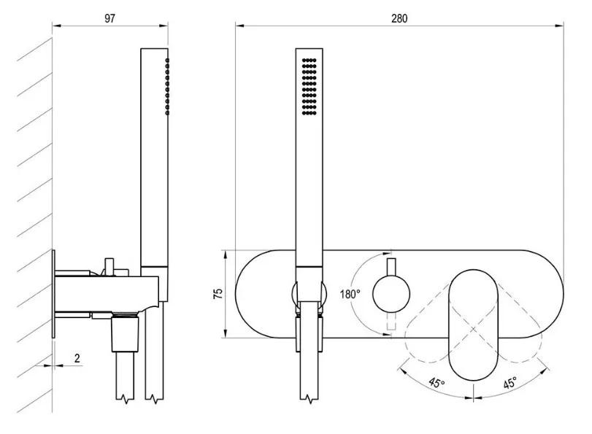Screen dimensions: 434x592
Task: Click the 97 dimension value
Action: click(109, 18)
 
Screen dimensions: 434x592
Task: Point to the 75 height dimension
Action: click(218, 293)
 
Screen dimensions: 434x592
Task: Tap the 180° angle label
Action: click(350, 295)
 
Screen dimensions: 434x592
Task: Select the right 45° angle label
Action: click(508, 382)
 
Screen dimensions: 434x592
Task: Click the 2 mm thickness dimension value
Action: click(77, 358)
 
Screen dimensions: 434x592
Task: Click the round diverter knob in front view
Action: click(391, 294)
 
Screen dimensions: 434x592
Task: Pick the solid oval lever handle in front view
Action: click(473, 321)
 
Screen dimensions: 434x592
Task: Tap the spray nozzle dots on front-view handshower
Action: click(309, 85)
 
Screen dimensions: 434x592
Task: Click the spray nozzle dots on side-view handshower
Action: click(168, 86)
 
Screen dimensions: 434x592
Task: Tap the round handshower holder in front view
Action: click(308, 295)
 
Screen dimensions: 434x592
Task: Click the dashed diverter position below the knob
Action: click(391, 322)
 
